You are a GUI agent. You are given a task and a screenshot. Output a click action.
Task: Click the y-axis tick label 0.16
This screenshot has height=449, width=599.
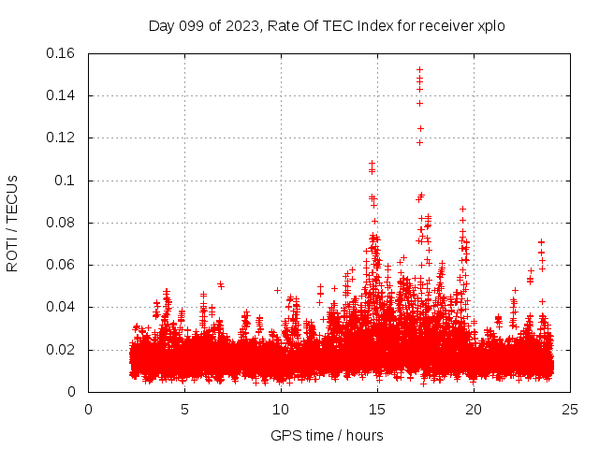point(62,53)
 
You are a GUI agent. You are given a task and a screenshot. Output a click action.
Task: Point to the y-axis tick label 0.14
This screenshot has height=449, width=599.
point(62,95)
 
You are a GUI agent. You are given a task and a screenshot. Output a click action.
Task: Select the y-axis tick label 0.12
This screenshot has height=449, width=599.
point(62,138)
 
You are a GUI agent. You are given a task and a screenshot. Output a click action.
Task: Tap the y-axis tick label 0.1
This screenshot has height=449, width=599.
point(68,181)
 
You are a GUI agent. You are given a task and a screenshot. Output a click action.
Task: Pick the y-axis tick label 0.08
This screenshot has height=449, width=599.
point(62,223)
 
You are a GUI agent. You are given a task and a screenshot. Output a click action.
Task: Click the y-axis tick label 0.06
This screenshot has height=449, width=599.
point(62,265)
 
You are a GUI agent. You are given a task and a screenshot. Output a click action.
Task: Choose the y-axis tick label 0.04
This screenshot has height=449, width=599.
point(62,307)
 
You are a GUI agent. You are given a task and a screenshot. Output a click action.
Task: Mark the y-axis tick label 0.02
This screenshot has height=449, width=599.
point(62,350)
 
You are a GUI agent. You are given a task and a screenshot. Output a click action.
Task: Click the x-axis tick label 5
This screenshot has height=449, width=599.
point(184,409)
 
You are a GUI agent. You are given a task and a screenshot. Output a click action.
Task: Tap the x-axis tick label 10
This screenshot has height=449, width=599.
point(281,409)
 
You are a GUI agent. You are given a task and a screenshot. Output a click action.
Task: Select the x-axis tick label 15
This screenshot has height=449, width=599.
point(377,409)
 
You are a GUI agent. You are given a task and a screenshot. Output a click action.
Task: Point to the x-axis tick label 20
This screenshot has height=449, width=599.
point(474,409)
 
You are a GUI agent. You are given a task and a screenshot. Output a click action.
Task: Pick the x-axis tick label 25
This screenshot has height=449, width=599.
point(570,409)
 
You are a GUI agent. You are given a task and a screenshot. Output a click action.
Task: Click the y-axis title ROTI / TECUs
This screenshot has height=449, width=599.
point(13,223)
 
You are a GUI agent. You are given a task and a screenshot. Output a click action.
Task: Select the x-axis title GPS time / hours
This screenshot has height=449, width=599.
point(327,435)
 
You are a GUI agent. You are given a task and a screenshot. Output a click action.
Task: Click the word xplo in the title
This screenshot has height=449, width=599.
point(490,26)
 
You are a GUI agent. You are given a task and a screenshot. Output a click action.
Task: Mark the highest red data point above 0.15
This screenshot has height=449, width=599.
point(419,69)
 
